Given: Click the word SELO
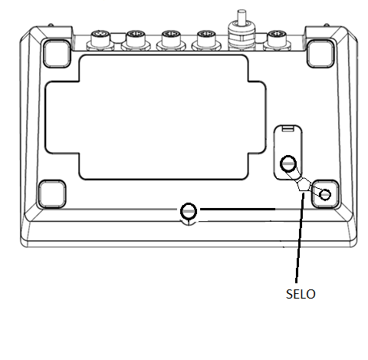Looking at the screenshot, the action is click(x=301, y=294).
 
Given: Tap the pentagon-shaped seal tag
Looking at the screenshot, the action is click(x=303, y=185).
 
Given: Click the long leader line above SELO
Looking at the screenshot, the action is click(x=300, y=238).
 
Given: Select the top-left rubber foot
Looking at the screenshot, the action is click(x=57, y=54).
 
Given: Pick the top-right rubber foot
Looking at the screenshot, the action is click(x=320, y=54).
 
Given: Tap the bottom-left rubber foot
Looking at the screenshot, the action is click(x=52, y=194).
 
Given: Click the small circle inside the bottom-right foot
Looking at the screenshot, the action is click(x=325, y=194).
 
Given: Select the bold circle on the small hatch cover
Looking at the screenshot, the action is click(x=288, y=163).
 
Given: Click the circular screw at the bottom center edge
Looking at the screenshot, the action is click(x=189, y=211).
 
